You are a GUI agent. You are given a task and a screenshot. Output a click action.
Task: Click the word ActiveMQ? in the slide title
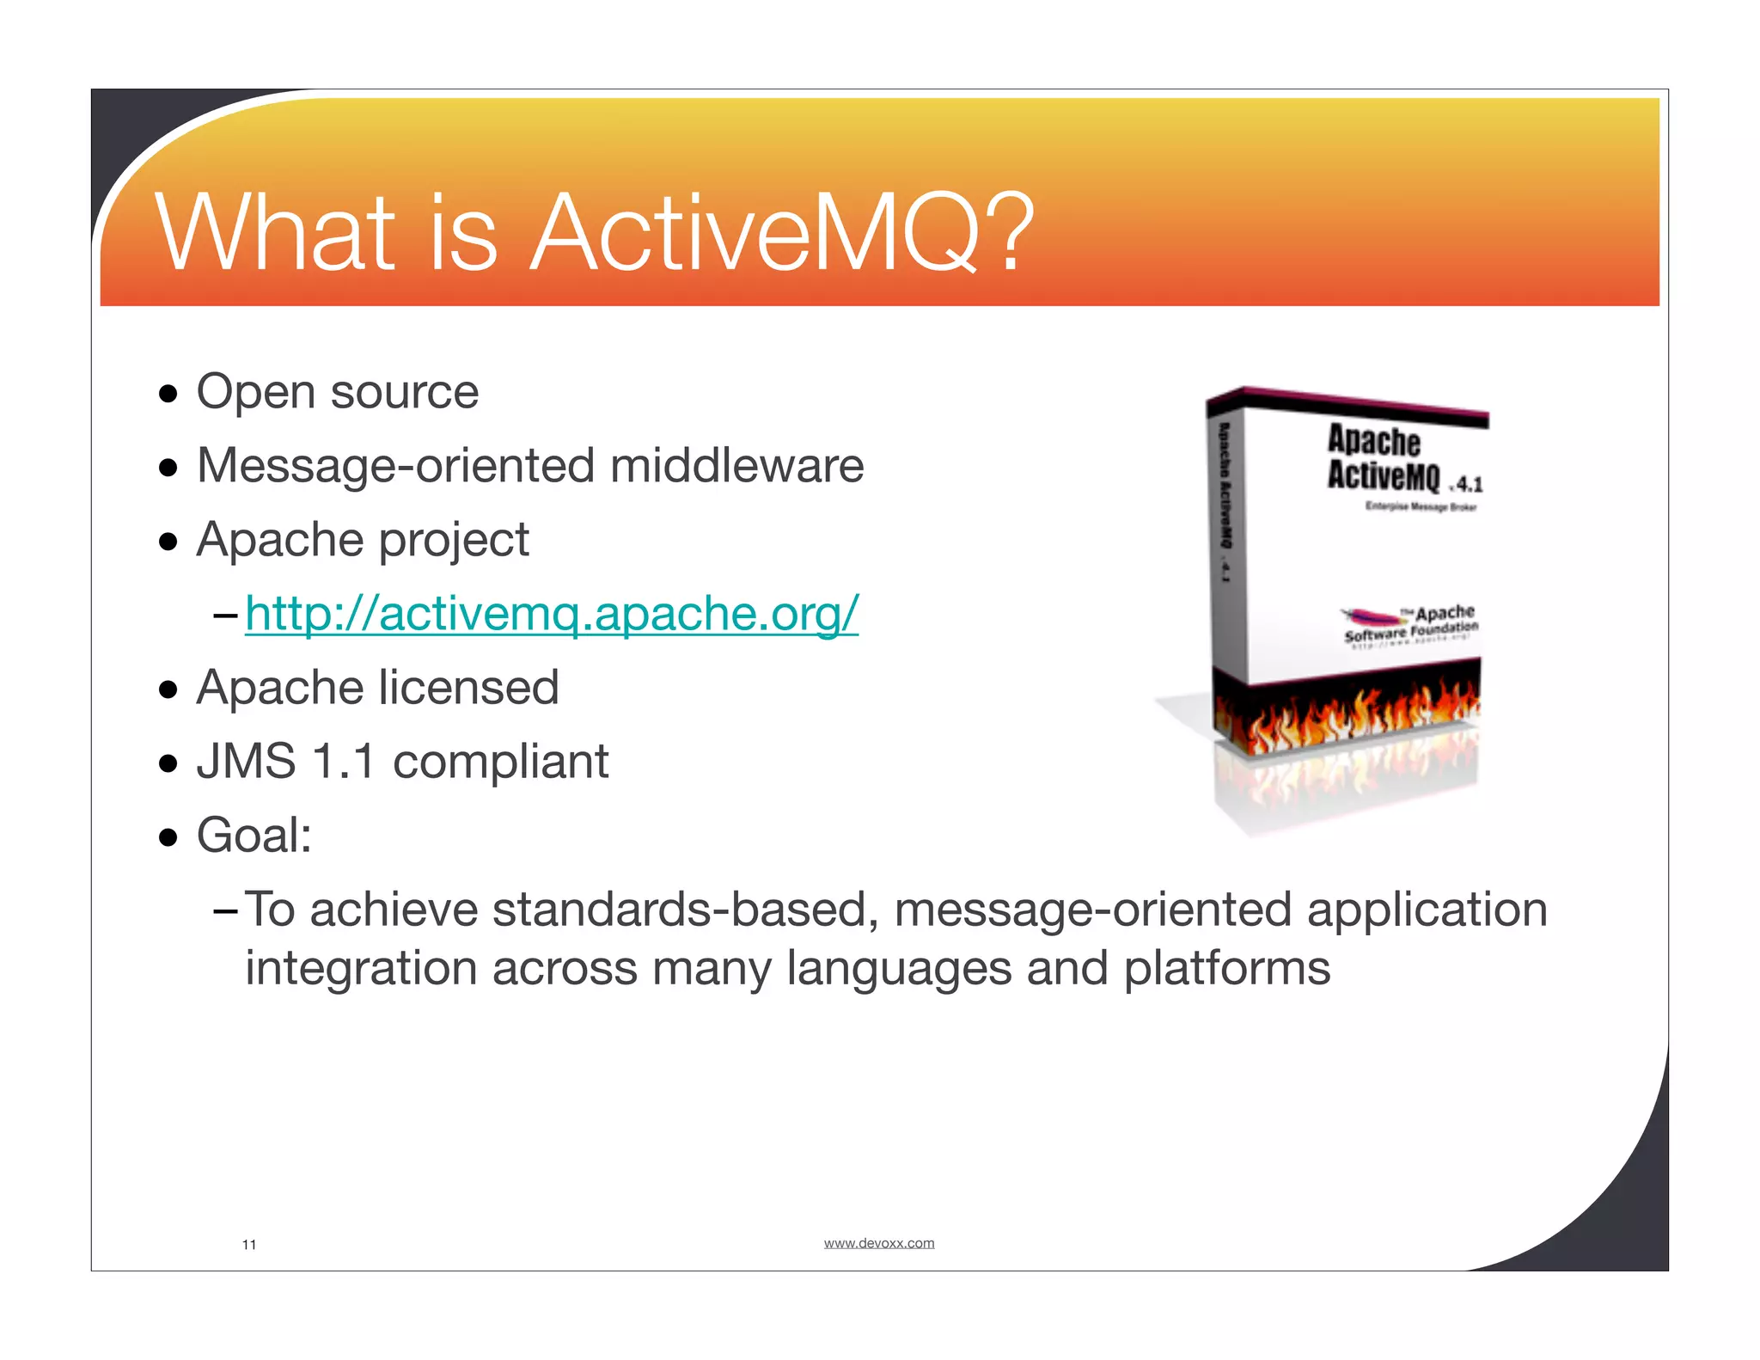pos(782,234)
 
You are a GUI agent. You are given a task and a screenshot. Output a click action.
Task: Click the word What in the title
pos(275,234)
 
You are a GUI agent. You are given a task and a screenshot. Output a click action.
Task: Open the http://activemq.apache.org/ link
pos(551,614)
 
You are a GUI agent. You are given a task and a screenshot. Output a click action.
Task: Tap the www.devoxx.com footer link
pos(878,1243)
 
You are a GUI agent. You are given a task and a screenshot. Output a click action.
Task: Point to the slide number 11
pos(249,1245)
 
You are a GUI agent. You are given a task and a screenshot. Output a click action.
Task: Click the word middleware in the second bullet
pos(736,466)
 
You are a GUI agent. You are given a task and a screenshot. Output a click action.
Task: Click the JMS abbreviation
pos(246,762)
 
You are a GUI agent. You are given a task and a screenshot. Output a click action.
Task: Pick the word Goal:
pos(254,836)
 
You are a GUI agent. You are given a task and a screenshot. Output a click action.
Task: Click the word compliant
pos(500,762)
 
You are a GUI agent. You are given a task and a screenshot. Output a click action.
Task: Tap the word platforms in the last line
pos(1227,970)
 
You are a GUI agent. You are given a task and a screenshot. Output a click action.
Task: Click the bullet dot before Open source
pos(168,395)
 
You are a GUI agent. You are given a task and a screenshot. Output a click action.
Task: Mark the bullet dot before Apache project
pos(168,542)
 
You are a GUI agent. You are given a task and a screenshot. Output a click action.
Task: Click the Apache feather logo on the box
pos(1373,616)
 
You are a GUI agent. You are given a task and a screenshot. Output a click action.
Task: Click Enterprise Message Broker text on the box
pos(1420,507)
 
